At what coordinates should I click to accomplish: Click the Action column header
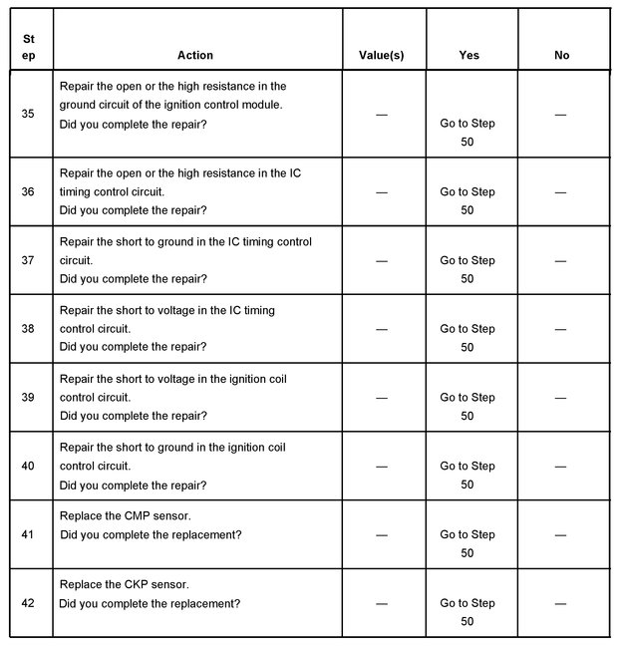point(194,56)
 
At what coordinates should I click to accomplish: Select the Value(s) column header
point(381,56)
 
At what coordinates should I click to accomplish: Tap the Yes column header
point(469,56)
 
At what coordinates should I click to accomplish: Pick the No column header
point(561,56)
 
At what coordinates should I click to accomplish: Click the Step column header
point(29,47)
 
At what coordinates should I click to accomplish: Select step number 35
point(28,115)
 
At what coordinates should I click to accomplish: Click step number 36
point(28,191)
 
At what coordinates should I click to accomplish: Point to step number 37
point(28,260)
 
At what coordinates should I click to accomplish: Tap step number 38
point(28,328)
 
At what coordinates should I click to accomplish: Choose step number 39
point(28,397)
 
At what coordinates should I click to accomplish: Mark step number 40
point(28,466)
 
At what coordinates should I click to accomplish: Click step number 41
point(28,534)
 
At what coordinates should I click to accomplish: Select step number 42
point(28,603)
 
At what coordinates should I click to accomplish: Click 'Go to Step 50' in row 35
point(468,133)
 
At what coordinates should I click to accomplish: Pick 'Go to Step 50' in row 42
point(468,612)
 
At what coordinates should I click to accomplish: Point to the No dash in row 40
point(561,466)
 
